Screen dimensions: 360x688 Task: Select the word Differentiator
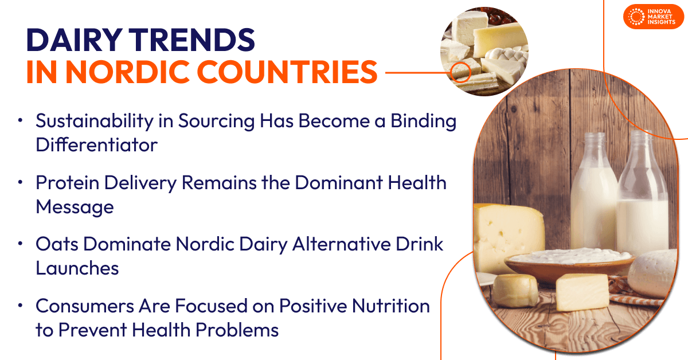pyautogui.click(x=96, y=144)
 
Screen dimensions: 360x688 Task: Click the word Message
pyautogui.click(x=75, y=206)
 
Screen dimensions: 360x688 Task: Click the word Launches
pyautogui.click(x=77, y=268)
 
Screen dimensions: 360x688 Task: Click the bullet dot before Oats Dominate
pyautogui.click(x=21, y=244)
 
